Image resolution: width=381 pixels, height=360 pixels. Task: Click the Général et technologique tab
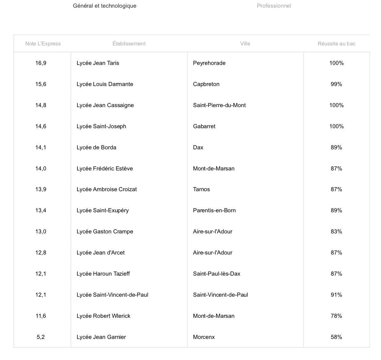105,6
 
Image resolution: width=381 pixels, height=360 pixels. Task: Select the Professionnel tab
274,6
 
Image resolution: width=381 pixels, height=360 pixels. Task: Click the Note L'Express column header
43,43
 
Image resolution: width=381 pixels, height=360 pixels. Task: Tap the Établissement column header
129,43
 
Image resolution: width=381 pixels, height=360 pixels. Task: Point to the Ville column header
245,43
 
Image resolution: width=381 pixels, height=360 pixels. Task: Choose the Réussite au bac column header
336,43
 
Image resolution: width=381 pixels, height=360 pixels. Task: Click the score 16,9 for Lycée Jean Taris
41,63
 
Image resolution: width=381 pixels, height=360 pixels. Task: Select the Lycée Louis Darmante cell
105,84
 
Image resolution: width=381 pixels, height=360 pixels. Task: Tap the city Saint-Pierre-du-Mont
219,105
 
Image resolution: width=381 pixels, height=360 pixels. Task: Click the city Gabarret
204,126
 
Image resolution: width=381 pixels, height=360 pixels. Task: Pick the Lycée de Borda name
96,147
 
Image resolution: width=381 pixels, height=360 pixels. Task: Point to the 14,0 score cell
41,168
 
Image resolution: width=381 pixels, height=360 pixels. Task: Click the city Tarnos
201,189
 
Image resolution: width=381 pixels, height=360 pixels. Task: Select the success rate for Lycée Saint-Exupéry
336,210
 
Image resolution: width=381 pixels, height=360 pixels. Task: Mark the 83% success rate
336,231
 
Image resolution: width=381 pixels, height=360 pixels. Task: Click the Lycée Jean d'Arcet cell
100,253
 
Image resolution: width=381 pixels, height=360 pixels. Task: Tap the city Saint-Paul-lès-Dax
217,274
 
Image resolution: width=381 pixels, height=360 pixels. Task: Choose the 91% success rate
336,295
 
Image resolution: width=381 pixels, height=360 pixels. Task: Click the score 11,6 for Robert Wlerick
41,316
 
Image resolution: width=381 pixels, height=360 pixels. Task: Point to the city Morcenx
204,337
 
